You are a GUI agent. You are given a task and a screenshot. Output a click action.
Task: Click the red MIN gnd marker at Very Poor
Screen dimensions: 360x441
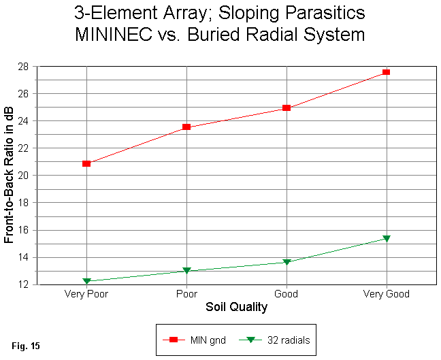tap(86, 163)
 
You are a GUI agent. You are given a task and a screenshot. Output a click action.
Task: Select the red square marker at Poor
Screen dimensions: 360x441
tap(186, 127)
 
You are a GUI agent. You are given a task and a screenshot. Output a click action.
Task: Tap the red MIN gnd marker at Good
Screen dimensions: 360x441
tap(287, 108)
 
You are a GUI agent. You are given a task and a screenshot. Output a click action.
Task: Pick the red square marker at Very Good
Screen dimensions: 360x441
tap(387, 71)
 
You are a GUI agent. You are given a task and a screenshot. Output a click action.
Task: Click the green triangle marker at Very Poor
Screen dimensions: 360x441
tap(86, 281)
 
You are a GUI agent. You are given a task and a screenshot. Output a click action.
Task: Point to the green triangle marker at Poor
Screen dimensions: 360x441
tap(186, 271)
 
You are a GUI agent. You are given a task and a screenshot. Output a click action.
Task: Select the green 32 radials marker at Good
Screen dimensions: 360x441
tap(287, 262)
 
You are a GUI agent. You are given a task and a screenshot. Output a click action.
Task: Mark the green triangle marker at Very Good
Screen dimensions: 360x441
tap(387, 238)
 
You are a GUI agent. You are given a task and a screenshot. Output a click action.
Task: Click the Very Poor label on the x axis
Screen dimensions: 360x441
tap(86, 295)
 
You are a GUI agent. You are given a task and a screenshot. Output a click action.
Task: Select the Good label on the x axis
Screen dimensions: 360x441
tap(287, 295)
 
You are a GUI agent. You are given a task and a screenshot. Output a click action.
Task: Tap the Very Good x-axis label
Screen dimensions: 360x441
tap(387, 295)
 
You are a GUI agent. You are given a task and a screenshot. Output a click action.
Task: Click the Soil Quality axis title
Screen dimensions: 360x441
tap(236, 308)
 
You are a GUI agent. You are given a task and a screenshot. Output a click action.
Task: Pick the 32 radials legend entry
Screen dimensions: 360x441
tap(279, 339)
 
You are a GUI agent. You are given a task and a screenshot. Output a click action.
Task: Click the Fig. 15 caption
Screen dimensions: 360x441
tap(26, 346)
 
